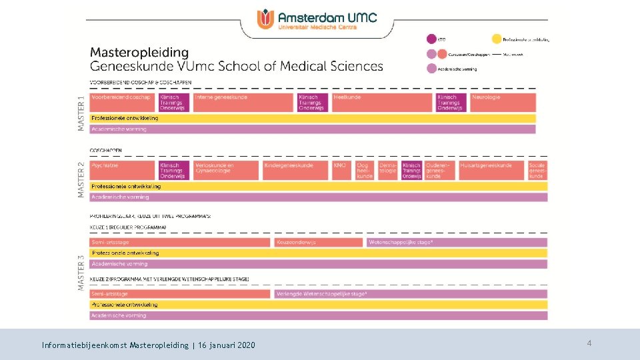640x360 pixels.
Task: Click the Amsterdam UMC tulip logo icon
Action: point(266,19)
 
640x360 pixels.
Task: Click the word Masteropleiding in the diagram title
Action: point(139,52)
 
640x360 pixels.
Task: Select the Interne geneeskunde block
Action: point(243,102)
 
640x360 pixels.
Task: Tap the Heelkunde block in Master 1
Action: point(382,102)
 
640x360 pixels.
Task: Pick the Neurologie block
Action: point(503,102)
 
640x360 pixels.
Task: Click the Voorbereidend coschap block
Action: point(123,102)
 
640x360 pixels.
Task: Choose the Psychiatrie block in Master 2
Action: point(123,170)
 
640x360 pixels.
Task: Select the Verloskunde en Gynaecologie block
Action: point(225,170)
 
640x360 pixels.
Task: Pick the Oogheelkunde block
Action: point(365,170)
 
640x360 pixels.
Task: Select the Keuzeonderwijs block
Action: point(319,242)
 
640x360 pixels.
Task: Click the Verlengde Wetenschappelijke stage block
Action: point(411,294)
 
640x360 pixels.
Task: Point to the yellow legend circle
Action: point(497,39)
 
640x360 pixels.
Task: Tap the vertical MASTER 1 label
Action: point(81,113)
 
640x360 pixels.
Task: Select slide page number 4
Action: point(589,343)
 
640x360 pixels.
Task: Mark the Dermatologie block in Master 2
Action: point(388,170)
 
